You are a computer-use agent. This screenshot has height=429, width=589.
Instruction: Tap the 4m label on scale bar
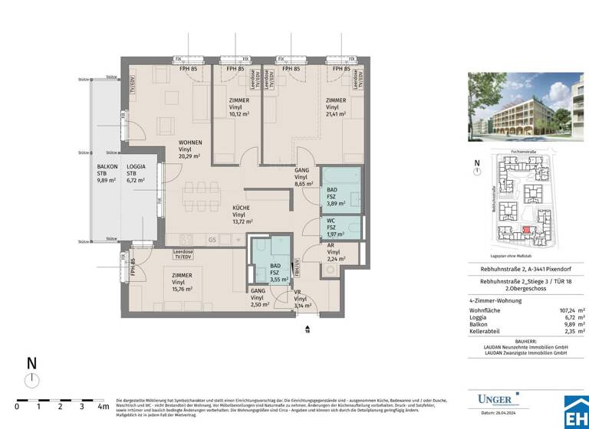[103, 406]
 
